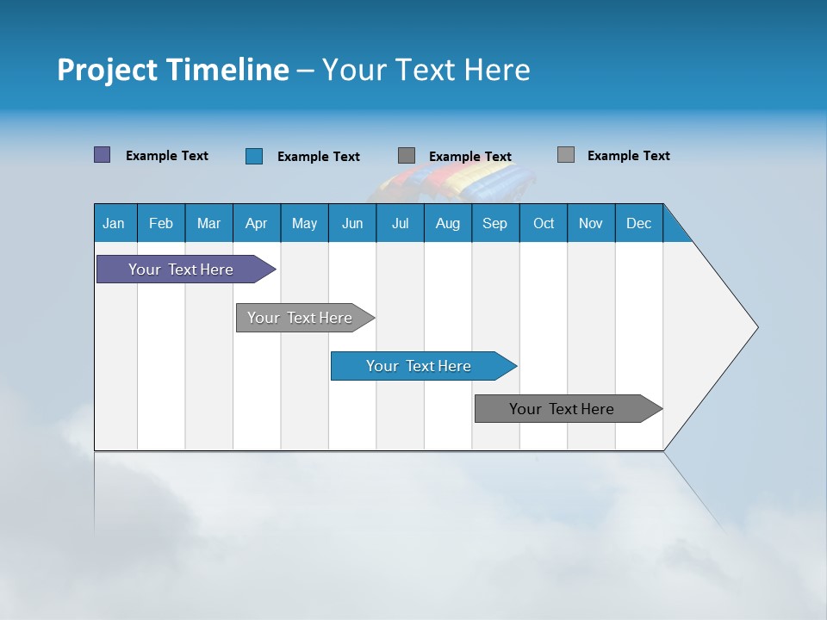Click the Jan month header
click(114, 223)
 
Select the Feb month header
click(161, 223)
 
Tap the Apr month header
click(256, 223)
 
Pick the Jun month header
click(352, 223)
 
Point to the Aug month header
click(447, 223)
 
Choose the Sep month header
click(494, 223)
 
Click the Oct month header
click(544, 223)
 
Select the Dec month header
click(638, 223)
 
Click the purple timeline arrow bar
click(181, 270)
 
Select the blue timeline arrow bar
click(419, 366)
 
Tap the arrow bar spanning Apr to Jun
click(300, 318)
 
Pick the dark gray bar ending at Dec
click(562, 409)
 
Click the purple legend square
click(102, 155)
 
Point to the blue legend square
click(253, 156)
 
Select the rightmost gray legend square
click(565, 155)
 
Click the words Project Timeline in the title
click(172, 69)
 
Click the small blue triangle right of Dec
click(675, 230)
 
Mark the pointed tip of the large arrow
click(755, 327)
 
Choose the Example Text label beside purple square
click(166, 156)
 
